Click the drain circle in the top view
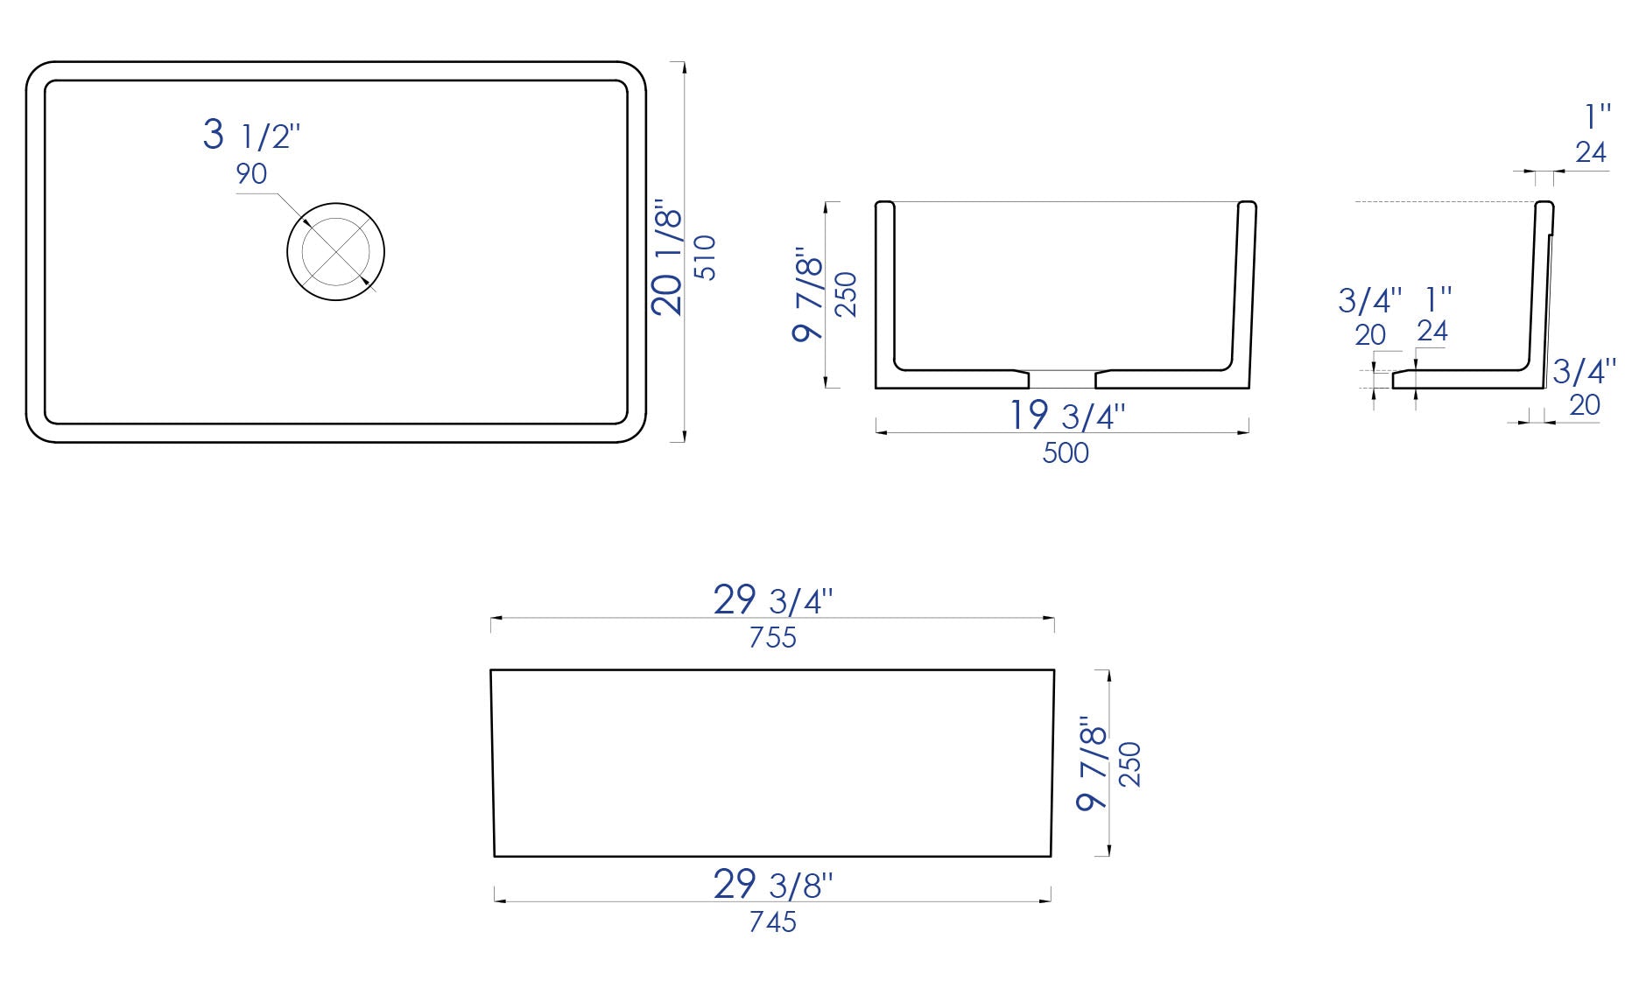click(336, 252)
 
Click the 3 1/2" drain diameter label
click(251, 136)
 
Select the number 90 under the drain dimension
click(251, 174)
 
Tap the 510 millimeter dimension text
click(706, 257)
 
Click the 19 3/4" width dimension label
click(1066, 415)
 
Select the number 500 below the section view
click(1066, 452)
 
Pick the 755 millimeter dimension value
click(772, 638)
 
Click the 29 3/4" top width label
click(772, 600)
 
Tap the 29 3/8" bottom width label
click(772, 885)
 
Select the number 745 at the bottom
click(772, 921)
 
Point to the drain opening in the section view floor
click(1061, 378)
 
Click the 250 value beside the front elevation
click(1130, 764)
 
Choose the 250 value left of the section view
click(846, 295)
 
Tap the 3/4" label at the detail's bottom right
click(1584, 371)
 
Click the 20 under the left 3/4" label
click(1370, 335)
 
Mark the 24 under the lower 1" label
click(1432, 331)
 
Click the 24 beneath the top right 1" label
click(1591, 152)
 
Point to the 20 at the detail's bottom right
click(1585, 405)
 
